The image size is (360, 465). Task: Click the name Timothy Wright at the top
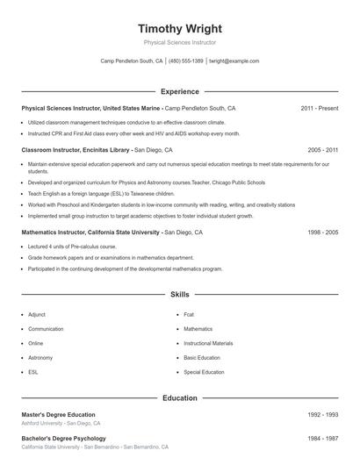click(180, 29)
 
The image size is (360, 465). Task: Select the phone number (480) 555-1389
click(186, 61)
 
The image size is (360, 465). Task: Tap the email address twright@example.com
click(234, 61)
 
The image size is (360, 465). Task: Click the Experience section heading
click(180, 91)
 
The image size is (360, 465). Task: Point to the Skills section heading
click(180, 296)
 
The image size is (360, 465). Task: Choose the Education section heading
click(180, 397)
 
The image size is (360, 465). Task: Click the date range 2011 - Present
click(319, 108)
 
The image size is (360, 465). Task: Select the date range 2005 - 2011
click(322, 150)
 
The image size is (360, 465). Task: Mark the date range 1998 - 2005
click(322, 232)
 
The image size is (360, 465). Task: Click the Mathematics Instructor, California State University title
click(90, 232)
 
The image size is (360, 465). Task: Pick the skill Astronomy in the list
click(40, 358)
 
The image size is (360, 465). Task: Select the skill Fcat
click(189, 314)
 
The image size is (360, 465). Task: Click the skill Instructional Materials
click(208, 343)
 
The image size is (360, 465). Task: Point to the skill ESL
click(33, 372)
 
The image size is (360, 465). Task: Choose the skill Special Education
click(204, 372)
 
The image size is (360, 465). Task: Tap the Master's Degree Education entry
click(58, 414)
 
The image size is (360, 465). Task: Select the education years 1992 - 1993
click(322, 414)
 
